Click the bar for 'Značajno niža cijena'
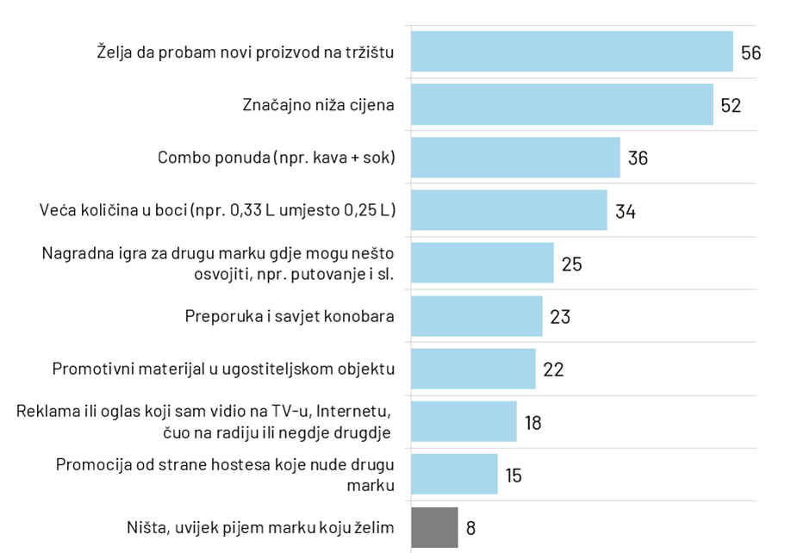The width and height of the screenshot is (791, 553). pyautogui.click(x=562, y=104)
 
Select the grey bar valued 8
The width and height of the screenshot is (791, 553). pyautogui.click(x=434, y=527)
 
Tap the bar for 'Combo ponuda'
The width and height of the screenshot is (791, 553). pyautogui.click(x=515, y=158)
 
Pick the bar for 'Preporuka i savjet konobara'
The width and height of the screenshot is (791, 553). pyautogui.click(x=476, y=316)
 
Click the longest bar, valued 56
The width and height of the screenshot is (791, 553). pyautogui.click(x=571, y=52)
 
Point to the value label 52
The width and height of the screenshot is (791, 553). pyautogui.click(x=731, y=105)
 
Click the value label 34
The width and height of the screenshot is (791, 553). pyautogui.click(x=625, y=211)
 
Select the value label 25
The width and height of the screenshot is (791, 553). pyautogui.click(x=571, y=264)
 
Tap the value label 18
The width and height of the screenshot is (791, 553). pyautogui.click(x=533, y=422)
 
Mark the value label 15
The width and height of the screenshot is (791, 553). pyautogui.click(x=514, y=475)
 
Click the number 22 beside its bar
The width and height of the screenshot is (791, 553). pyautogui.click(x=553, y=370)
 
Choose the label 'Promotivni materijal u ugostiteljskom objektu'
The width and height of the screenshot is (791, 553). pyautogui.click(x=223, y=370)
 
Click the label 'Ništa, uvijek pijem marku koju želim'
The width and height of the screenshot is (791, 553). pyautogui.click(x=259, y=527)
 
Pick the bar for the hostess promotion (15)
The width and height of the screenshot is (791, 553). pyautogui.click(x=454, y=475)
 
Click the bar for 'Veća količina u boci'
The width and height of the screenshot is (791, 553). pyautogui.click(x=508, y=210)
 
